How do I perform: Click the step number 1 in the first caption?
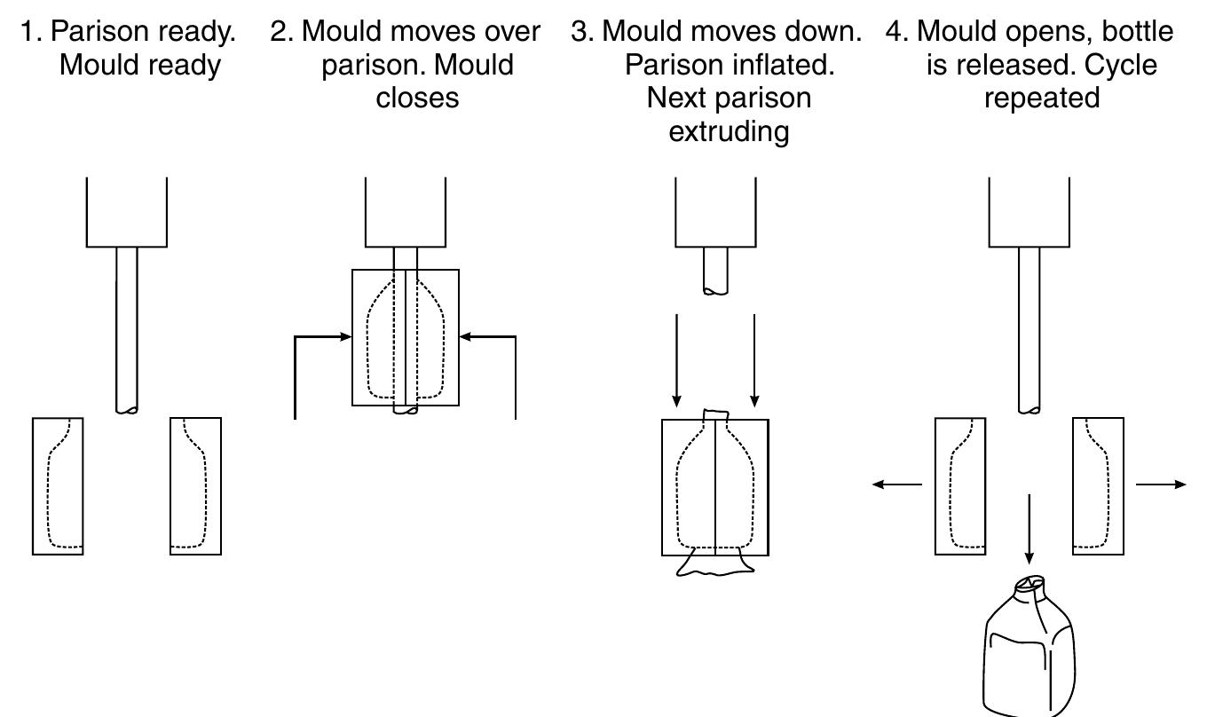click(28, 32)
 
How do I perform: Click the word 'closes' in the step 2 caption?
click(417, 98)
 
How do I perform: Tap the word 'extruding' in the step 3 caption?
click(729, 131)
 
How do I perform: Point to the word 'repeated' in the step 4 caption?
click(1041, 98)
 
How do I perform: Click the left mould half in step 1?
click(58, 486)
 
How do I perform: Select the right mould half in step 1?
click(195, 486)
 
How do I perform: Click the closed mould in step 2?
click(406, 338)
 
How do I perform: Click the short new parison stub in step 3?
click(715, 270)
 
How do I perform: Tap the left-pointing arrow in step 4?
click(896, 485)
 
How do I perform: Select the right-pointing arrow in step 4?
click(1161, 485)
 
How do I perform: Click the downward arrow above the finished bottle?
click(1029, 528)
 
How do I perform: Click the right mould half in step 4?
click(1099, 486)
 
